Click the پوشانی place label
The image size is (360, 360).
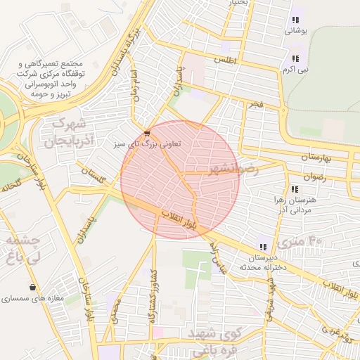[x=295, y=31]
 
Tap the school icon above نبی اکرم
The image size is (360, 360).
[x=295, y=58]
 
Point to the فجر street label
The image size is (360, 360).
[x=255, y=104]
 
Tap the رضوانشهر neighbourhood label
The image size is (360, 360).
[x=233, y=169]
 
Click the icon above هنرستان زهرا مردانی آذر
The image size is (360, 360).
[x=295, y=189]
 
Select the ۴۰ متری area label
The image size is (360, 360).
[x=299, y=243]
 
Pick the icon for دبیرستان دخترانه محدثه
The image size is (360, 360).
[x=262, y=247]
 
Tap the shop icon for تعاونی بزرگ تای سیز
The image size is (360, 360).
[x=146, y=133]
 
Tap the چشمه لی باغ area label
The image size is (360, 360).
[x=21, y=249]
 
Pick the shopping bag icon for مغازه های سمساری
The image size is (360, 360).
[x=33, y=287]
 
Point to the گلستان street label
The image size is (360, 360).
[x=93, y=175]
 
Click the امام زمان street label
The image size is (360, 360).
[x=135, y=89]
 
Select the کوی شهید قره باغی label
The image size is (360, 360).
[x=212, y=340]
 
